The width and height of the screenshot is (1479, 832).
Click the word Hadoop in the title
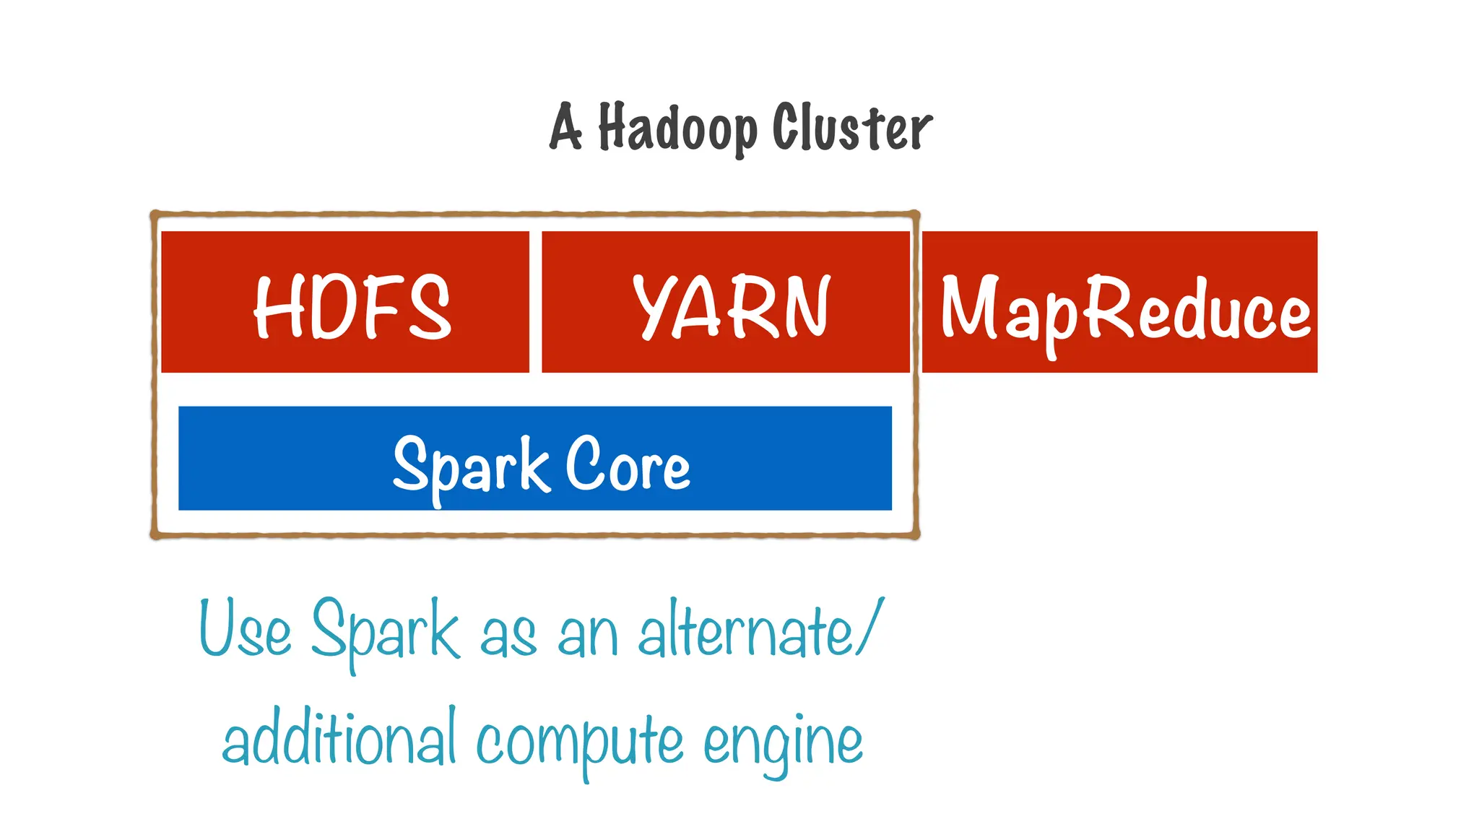(x=677, y=129)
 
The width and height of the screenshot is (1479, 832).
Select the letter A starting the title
(x=565, y=127)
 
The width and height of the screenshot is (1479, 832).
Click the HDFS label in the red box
(x=352, y=307)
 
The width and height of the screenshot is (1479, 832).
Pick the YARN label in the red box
(x=732, y=307)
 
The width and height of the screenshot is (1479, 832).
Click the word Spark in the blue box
(x=470, y=466)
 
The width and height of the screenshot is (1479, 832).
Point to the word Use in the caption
(x=246, y=628)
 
